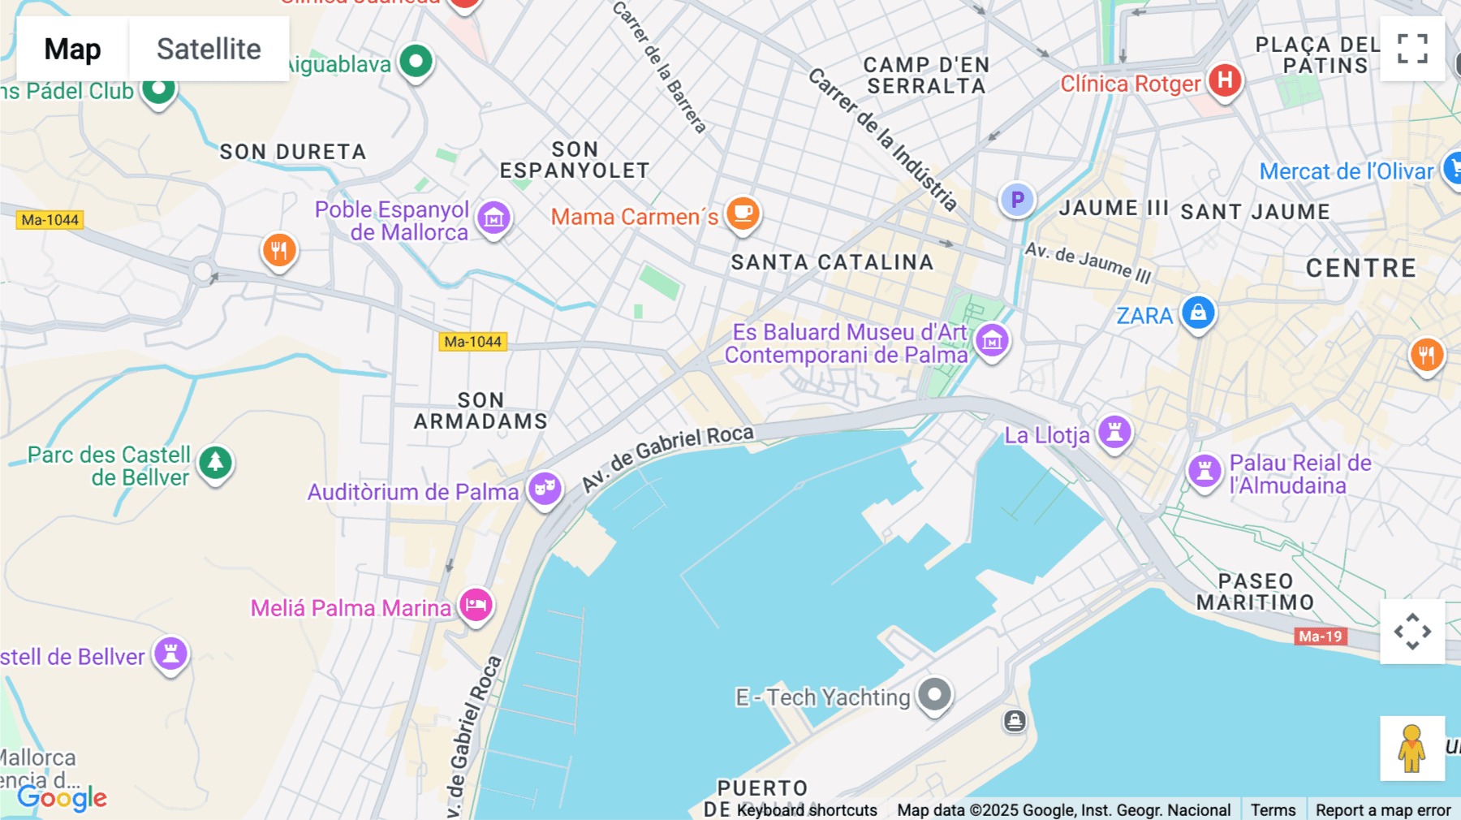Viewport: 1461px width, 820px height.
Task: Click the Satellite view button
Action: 209,49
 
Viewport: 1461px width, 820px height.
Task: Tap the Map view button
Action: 72,49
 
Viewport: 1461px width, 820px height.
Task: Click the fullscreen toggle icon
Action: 1412,49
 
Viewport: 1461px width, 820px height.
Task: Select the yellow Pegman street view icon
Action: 1411,748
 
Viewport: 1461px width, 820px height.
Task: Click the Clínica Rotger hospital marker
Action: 1225,80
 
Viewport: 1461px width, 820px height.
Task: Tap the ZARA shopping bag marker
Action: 1198,313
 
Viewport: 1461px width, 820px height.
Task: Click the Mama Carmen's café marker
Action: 743,214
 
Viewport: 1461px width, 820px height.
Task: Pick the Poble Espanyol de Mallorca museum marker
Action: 493,218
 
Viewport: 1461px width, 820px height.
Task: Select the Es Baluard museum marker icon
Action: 992,341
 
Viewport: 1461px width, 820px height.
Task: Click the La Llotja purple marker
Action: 1114,432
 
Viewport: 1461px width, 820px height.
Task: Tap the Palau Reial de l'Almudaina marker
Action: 1205,470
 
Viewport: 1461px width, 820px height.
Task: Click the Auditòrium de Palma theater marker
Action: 545,489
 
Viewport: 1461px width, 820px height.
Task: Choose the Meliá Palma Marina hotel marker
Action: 476,605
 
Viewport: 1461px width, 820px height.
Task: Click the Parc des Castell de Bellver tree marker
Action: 215,463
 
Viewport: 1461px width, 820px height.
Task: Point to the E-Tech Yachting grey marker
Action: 934,694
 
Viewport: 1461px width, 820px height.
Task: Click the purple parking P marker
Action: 1017,200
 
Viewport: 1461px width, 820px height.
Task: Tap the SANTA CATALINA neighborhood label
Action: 832,262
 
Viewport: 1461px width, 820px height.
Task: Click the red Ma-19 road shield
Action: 1320,637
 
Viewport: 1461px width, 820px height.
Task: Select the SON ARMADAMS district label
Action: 481,411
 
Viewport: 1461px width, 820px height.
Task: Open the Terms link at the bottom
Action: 1273,809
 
